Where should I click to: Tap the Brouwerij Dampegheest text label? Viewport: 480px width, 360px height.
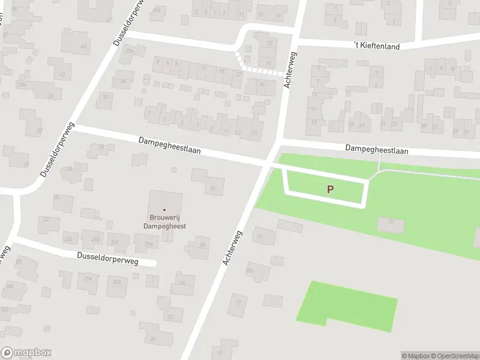[x=164, y=222]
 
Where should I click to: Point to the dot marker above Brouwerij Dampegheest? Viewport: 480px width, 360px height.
[x=164, y=209]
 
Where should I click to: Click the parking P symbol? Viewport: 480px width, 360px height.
[x=330, y=189]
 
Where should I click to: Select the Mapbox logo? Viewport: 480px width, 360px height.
[x=26, y=353]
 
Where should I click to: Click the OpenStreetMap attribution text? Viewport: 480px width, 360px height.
[x=453, y=356]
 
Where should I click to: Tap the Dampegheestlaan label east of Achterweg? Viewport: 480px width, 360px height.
[x=377, y=149]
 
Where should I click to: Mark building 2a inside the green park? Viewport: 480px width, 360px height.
[x=390, y=224]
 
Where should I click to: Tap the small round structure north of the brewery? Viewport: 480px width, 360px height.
[x=174, y=170]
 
